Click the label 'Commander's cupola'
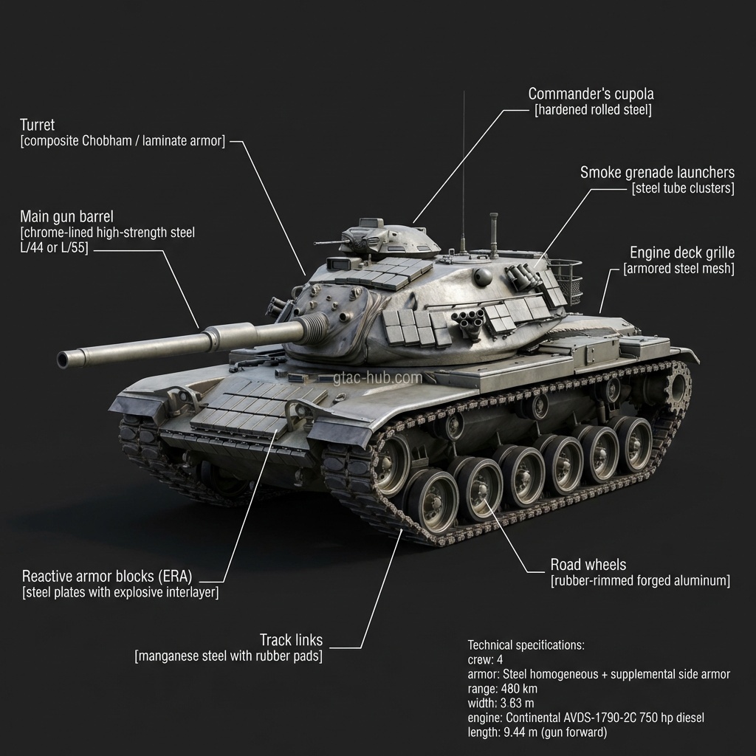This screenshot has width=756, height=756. point(591,94)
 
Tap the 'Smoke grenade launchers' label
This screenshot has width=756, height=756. point(657,173)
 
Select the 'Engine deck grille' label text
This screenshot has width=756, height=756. point(681,253)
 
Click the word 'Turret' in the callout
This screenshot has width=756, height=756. point(37,125)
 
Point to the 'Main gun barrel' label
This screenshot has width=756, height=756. point(66,216)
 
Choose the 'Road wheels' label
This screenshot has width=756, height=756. point(588,565)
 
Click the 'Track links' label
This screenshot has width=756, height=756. point(291,639)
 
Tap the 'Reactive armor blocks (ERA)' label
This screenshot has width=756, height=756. point(111,576)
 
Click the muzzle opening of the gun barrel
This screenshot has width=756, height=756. point(63,360)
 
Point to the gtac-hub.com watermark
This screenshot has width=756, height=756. point(377,378)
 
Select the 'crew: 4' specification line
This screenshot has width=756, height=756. point(485,659)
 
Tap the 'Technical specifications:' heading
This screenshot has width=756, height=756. point(526,645)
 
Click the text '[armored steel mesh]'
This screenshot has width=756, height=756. point(678,269)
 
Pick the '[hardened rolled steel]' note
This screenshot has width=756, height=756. point(593,110)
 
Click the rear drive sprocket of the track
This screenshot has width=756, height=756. point(678,384)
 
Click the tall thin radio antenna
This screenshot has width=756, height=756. point(463,170)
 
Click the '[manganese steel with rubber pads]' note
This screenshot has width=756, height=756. point(228,656)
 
